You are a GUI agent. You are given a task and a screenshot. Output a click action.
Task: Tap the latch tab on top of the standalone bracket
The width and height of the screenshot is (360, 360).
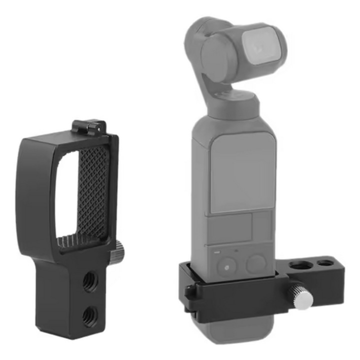[90, 126]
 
